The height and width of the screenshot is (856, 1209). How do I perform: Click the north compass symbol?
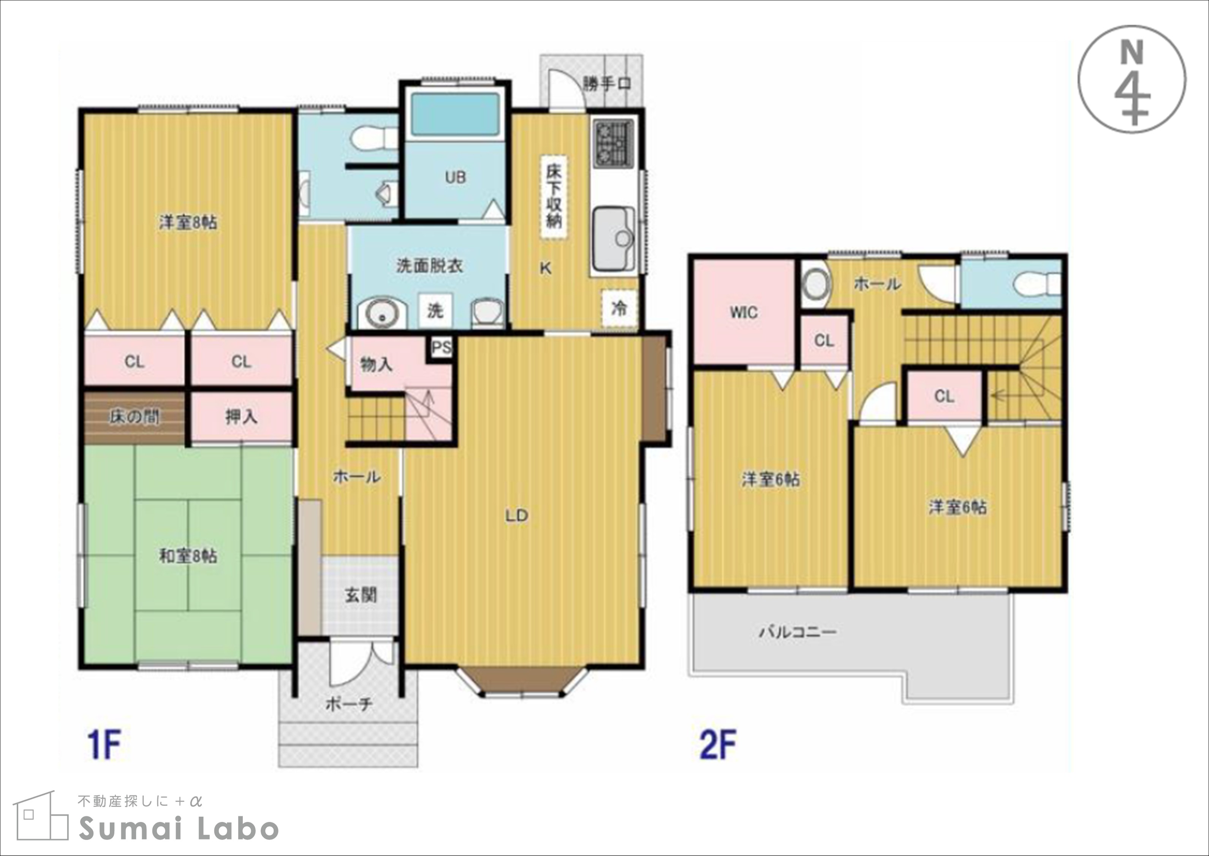coord(1131,79)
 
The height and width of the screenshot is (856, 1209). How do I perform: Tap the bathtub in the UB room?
coord(455,114)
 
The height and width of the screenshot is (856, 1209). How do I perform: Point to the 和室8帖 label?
coord(188,557)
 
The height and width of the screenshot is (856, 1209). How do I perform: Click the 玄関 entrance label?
coord(361,596)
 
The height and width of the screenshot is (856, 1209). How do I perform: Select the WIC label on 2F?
coord(744,313)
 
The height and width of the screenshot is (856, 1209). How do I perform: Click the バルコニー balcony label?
coord(798,631)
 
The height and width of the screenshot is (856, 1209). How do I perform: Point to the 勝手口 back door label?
coord(607,83)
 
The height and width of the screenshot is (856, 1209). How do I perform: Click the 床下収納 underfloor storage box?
coord(554,198)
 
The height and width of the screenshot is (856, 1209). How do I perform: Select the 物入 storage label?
coord(376,364)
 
